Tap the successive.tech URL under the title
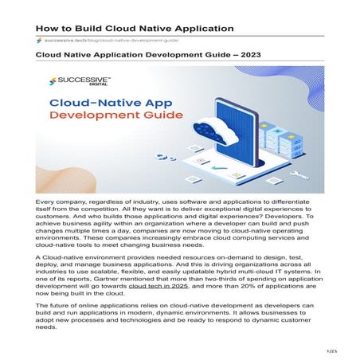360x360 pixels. point(111,40)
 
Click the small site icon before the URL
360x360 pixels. point(39,40)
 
